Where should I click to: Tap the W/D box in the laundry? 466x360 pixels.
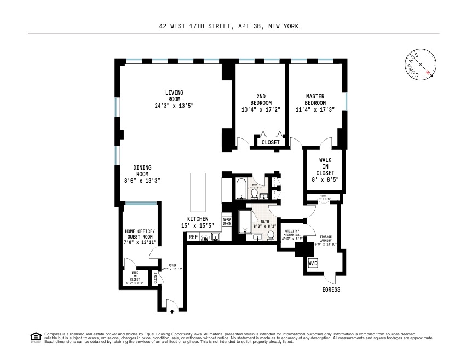[x=313, y=263]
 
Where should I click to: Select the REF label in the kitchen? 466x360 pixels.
[x=193, y=237]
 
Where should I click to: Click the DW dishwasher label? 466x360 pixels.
[x=205, y=239]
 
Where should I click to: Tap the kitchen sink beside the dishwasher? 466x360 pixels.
[x=216, y=237]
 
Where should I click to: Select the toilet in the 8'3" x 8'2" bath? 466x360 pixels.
[x=271, y=235]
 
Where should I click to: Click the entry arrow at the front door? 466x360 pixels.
[x=173, y=311]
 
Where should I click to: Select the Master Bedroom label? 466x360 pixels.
[x=315, y=100]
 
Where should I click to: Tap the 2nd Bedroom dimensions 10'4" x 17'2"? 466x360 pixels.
[x=261, y=109]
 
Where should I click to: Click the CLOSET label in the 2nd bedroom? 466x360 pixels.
[x=271, y=142]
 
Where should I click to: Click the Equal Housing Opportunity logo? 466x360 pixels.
[x=35, y=336]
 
